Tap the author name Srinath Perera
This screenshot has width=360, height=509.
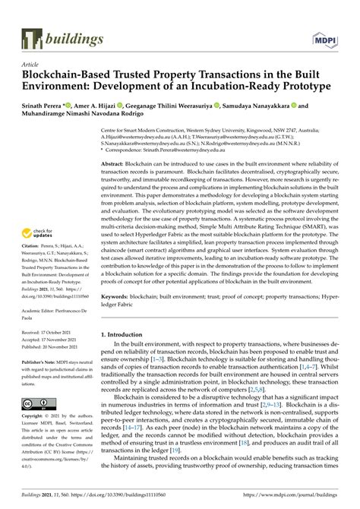point(43,107)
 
